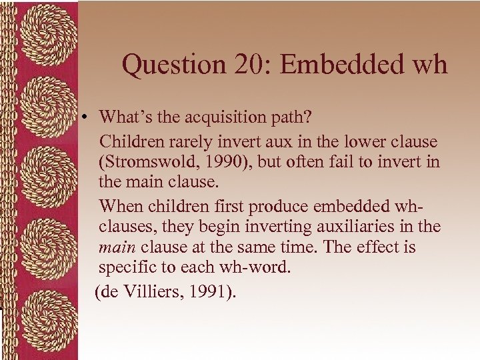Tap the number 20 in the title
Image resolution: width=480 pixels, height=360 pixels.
click(251, 65)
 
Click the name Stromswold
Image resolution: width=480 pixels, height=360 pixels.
click(149, 163)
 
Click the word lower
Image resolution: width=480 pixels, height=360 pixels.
click(370, 142)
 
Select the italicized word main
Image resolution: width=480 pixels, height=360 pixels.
click(117, 248)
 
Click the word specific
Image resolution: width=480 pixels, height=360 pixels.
click(125, 269)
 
